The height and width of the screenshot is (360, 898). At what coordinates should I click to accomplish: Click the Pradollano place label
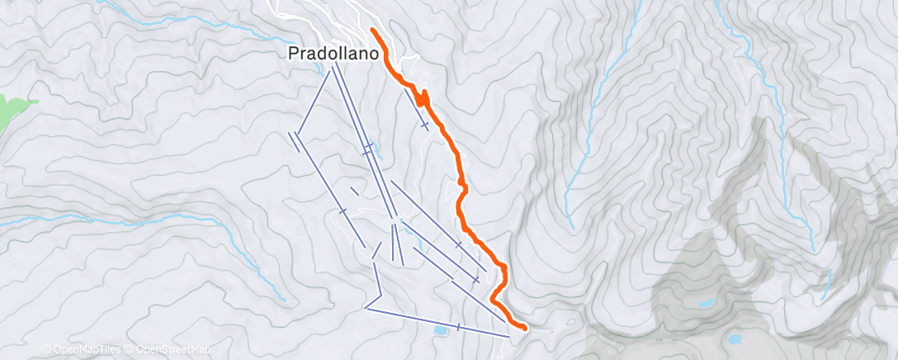tap(333, 53)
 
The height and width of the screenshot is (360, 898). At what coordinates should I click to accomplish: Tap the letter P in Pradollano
tap(293, 53)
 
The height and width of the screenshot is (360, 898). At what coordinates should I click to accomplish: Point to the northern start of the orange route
tap(372, 30)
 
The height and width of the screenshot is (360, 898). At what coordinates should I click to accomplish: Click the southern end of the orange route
tap(524, 328)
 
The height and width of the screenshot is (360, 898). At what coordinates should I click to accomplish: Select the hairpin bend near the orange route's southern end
tap(494, 297)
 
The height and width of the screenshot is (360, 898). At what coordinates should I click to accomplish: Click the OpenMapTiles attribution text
tap(87, 350)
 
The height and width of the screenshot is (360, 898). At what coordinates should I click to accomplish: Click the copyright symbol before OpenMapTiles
tap(46, 350)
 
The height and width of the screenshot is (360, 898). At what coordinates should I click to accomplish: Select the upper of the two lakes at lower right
tap(705, 304)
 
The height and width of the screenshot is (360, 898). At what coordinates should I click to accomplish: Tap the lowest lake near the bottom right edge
tap(734, 339)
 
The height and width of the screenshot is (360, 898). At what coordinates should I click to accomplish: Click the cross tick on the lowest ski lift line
tap(458, 327)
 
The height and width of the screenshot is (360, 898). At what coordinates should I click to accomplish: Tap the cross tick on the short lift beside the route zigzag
tap(424, 125)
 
